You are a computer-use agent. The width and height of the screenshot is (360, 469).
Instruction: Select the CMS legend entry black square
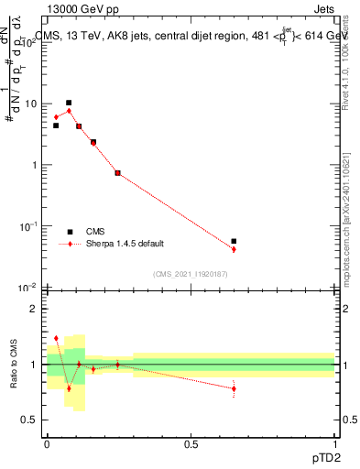tap(70, 232)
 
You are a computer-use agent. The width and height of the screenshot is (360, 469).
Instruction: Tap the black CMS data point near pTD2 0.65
tap(235, 242)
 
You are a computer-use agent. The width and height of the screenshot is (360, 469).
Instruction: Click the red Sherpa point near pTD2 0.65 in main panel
tap(235, 249)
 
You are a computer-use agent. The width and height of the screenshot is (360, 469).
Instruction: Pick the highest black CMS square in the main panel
tap(69, 103)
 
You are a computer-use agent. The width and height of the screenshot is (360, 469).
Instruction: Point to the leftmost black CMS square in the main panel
tap(56, 125)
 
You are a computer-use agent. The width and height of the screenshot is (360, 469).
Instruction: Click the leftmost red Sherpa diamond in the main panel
tap(56, 117)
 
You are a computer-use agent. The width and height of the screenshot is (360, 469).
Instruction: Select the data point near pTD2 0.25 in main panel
tap(117, 172)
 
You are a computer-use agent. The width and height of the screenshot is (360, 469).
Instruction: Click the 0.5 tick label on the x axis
tap(191, 443)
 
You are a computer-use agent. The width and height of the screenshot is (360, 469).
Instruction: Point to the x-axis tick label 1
tap(334, 443)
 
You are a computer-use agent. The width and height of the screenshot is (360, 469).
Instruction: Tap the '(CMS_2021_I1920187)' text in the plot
tap(191, 274)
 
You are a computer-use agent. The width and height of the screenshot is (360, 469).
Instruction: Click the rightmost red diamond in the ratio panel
tap(235, 388)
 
